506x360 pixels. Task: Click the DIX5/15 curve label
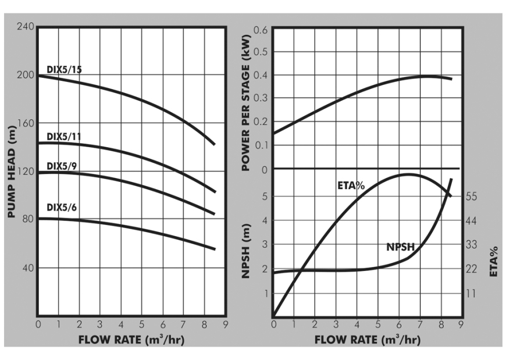tap(64, 70)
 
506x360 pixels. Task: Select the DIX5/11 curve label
tap(64, 137)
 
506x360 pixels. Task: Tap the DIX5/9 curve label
tap(62, 166)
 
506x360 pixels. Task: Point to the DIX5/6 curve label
tap(62, 208)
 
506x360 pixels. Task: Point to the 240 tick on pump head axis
tap(26, 27)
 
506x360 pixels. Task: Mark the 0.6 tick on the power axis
tap(261, 29)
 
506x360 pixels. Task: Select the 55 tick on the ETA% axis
tap(471, 197)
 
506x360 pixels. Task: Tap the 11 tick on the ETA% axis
tap(470, 294)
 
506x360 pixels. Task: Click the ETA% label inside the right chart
tap(351, 186)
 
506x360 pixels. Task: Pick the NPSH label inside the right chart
tap(400, 247)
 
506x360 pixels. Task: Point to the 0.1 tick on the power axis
tap(261, 145)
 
